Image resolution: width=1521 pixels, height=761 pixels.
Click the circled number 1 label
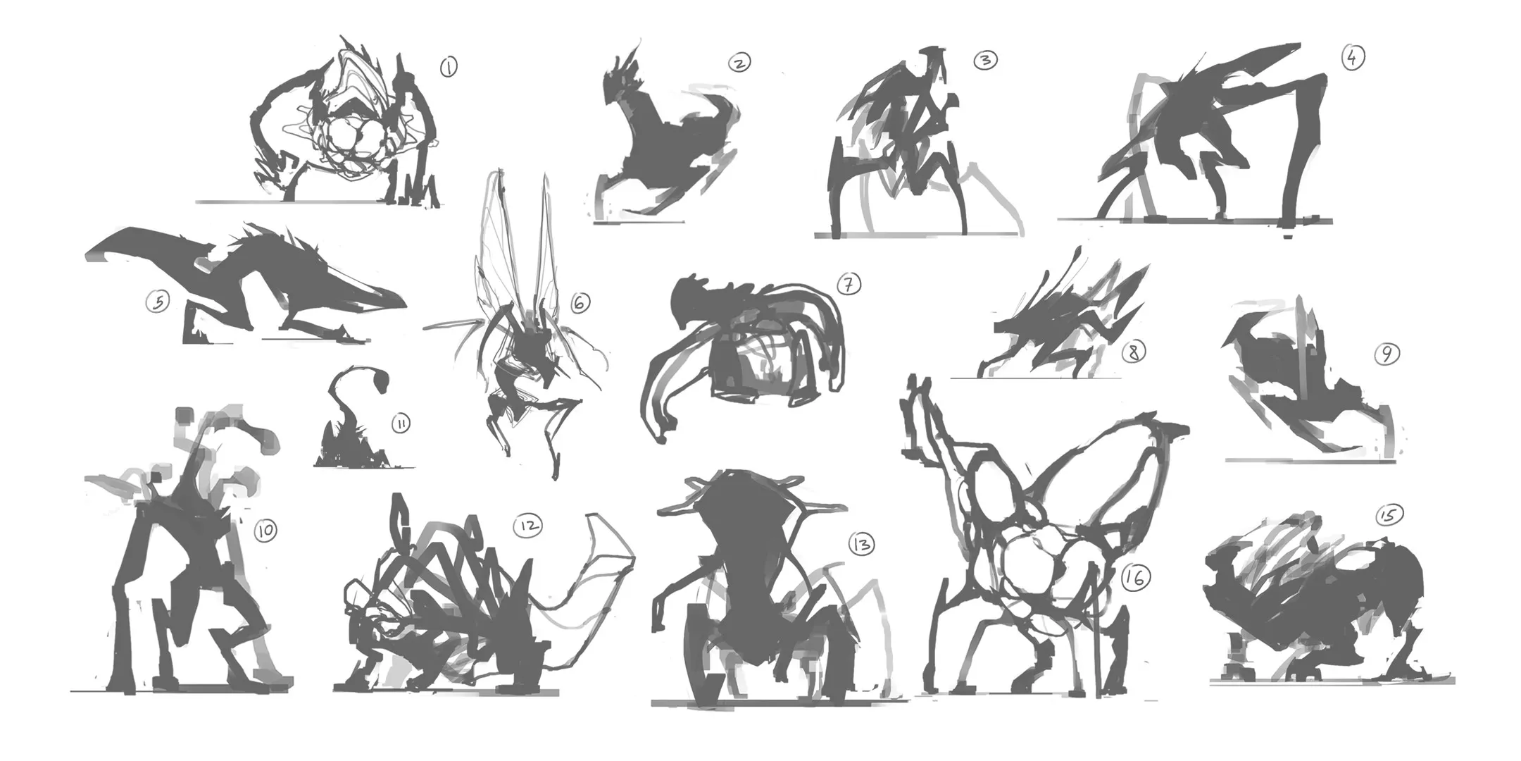tap(449, 67)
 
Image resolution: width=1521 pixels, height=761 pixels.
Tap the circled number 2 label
tap(739, 63)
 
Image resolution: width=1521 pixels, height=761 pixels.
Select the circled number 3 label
tap(986, 60)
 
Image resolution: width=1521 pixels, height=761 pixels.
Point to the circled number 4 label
tap(1353, 57)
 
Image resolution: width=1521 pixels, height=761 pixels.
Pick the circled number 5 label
tap(158, 302)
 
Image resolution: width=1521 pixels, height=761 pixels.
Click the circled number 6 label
tap(580, 303)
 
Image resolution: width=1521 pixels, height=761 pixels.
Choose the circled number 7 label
tap(849, 284)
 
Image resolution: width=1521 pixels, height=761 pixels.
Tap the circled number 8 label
tap(1134, 351)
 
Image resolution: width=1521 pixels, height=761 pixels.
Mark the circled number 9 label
tap(1387, 354)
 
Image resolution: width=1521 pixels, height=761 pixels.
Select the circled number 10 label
tap(265, 530)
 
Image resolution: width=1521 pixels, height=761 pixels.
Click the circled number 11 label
tap(401, 423)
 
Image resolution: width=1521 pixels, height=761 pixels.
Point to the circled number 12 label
tap(528, 525)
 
